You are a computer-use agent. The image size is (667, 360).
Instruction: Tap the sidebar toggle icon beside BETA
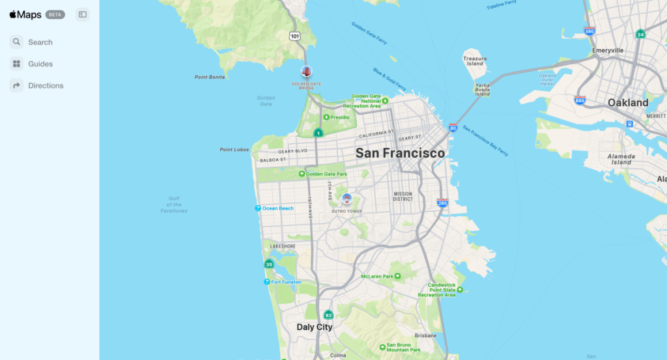click(82, 14)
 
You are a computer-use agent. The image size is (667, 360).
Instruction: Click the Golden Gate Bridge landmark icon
click(306, 72)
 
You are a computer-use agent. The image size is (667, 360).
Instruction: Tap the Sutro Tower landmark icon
click(347, 198)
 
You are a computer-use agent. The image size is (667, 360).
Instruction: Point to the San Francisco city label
click(400, 153)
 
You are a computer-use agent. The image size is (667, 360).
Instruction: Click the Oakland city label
click(627, 103)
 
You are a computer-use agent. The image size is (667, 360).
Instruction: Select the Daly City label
click(315, 327)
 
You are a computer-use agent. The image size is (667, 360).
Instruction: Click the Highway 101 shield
click(295, 36)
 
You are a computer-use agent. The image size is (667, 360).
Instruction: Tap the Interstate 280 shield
click(442, 203)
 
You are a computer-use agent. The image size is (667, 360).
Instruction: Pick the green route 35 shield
click(269, 264)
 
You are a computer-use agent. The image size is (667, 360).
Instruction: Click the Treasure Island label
click(475, 61)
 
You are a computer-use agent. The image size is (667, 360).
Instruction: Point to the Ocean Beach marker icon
click(258, 208)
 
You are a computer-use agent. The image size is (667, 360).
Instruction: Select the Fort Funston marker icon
click(267, 282)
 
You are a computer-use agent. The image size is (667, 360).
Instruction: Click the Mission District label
click(403, 196)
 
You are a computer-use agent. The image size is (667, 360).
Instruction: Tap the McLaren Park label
click(377, 277)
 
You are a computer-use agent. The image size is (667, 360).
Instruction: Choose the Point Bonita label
click(210, 77)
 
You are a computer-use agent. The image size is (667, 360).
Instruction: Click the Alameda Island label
click(621, 159)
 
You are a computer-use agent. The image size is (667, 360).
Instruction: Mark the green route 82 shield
click(328, 315)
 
